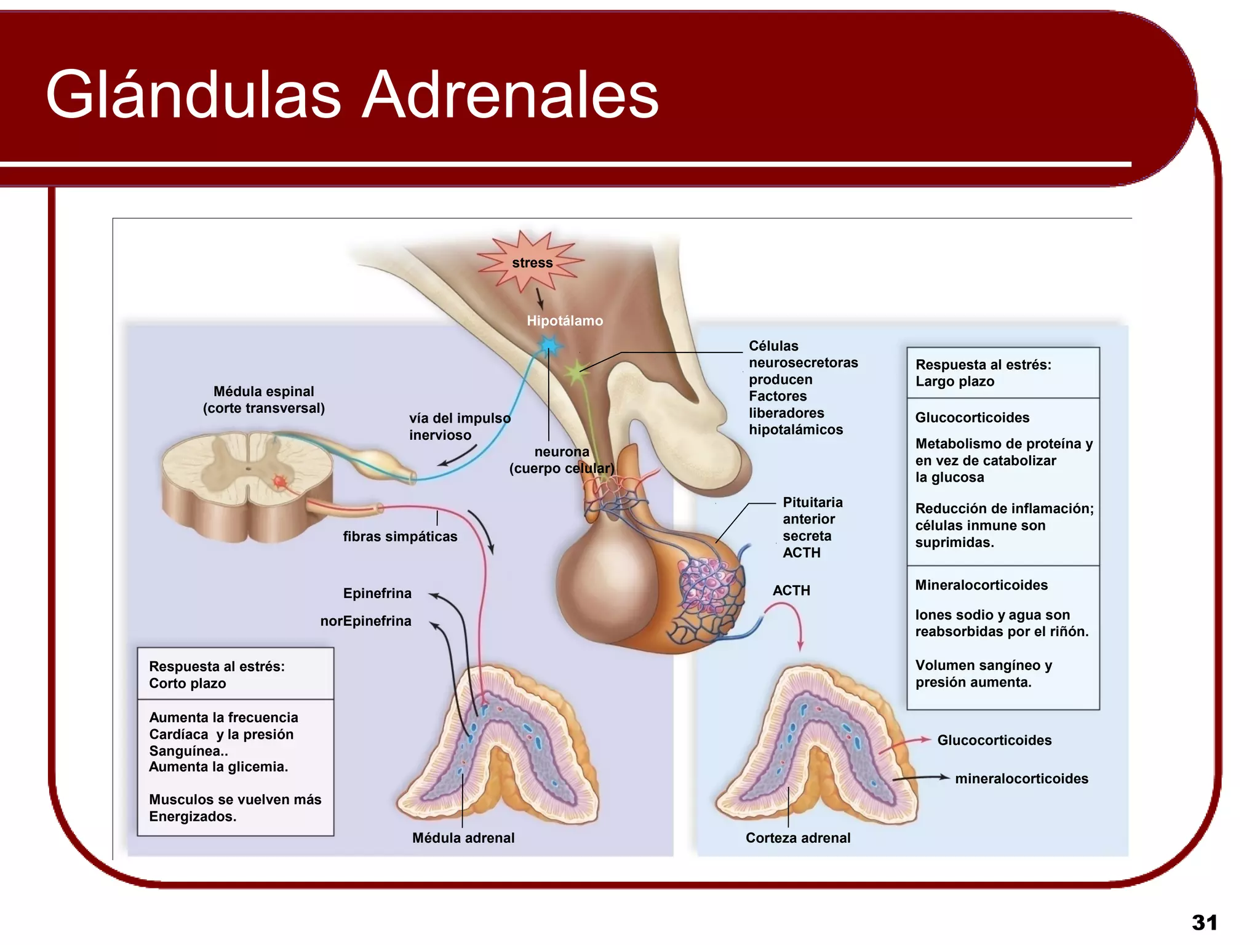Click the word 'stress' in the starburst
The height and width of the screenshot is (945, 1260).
tap(532, 263)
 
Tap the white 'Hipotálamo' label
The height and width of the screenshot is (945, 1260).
tap(565, 321)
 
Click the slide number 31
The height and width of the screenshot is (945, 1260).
tap(1204, 922)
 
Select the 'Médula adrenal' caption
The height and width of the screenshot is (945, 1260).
tap(463, 837)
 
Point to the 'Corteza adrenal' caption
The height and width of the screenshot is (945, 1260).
tap(798, 837)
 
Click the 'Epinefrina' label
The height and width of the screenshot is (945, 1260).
tap(377, 593)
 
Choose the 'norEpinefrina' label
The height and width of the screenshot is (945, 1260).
tap(365, 621)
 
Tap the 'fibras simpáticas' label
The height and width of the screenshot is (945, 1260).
tap(400, 536)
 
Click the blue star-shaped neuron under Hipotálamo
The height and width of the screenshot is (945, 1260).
tap(549, 346)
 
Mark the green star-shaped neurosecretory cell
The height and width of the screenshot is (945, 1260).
tap(576, 372)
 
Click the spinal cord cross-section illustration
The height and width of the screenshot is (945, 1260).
tap(246, 483)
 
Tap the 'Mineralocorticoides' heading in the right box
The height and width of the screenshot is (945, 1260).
tap(981, 585)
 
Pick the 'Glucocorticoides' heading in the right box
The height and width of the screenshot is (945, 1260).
tap(972, 418)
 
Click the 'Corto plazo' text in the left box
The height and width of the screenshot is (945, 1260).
tap(188, 684)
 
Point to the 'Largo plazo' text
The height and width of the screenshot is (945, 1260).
tap(955, 381)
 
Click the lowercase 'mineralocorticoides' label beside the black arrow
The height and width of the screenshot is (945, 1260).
tap(1021, 779)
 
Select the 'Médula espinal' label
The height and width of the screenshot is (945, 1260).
tap(263, 391)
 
